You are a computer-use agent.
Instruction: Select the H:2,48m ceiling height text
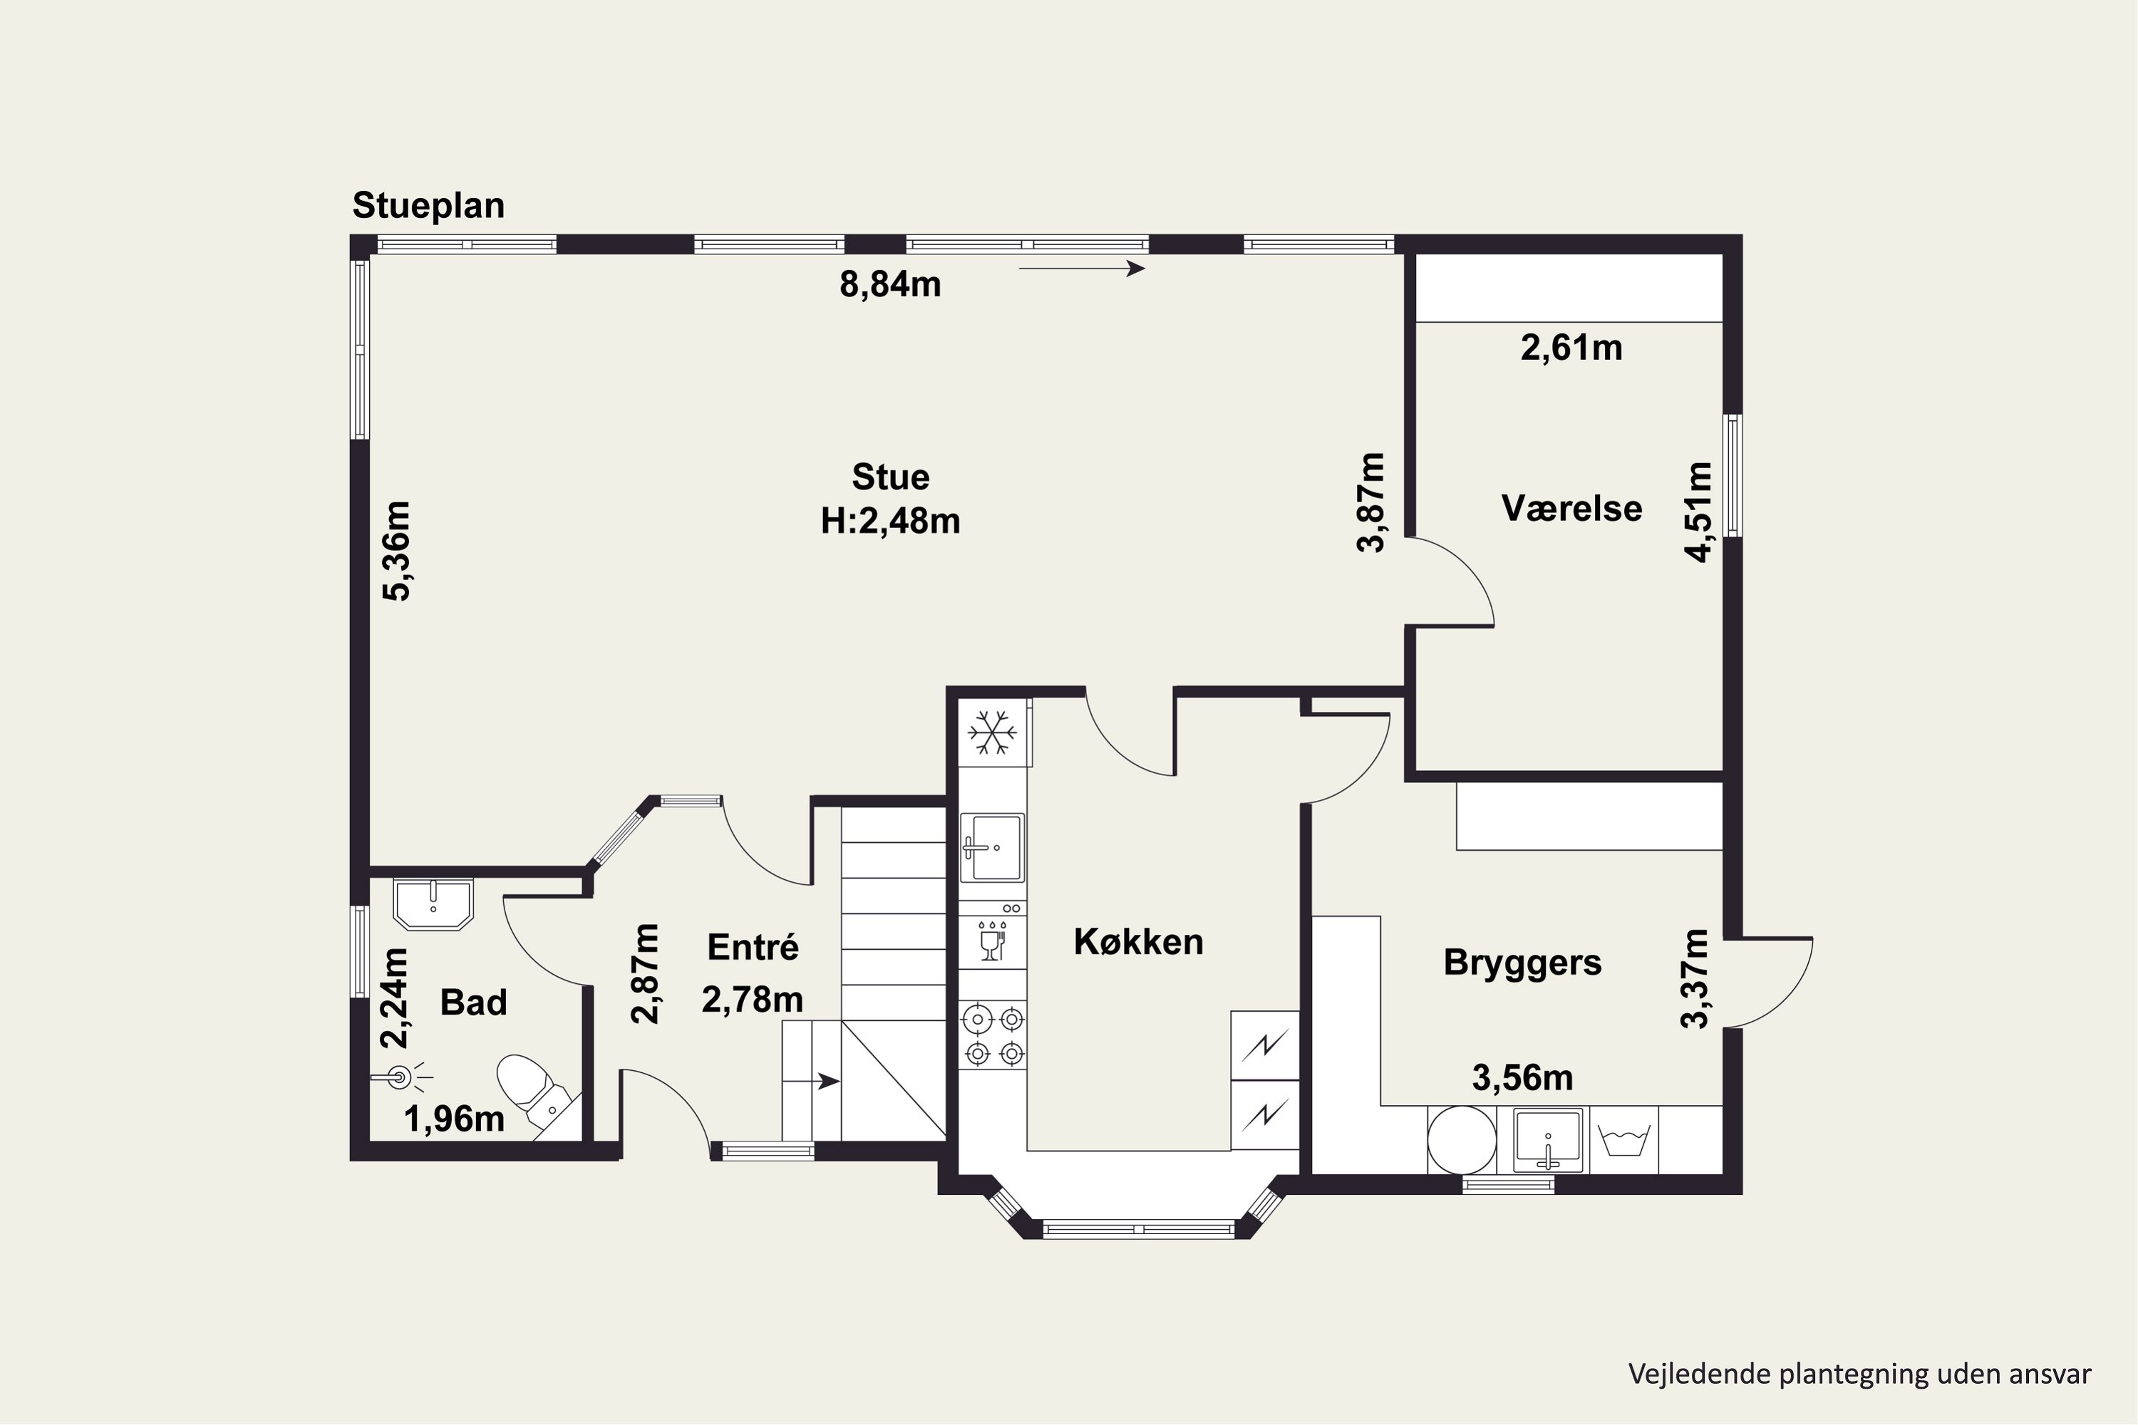[890, 522]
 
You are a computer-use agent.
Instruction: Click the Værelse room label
[1571, 508]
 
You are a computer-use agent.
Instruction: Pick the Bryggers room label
[1522, 963]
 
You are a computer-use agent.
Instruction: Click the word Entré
[753, 947]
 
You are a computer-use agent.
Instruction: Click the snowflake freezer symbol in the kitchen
[993, 732]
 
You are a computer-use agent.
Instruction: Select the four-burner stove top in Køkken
[993, 1035]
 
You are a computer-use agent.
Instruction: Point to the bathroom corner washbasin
[433, 904]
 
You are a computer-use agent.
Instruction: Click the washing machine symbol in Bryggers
[1623, 1139]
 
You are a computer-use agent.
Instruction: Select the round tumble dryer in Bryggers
[1461, 1139]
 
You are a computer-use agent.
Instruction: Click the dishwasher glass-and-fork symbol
[992, 940]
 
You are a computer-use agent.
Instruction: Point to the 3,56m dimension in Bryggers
[1522, 1079]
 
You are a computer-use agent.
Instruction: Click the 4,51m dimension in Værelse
[1698, 512]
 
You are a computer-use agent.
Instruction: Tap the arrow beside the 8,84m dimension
[1082, 268]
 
